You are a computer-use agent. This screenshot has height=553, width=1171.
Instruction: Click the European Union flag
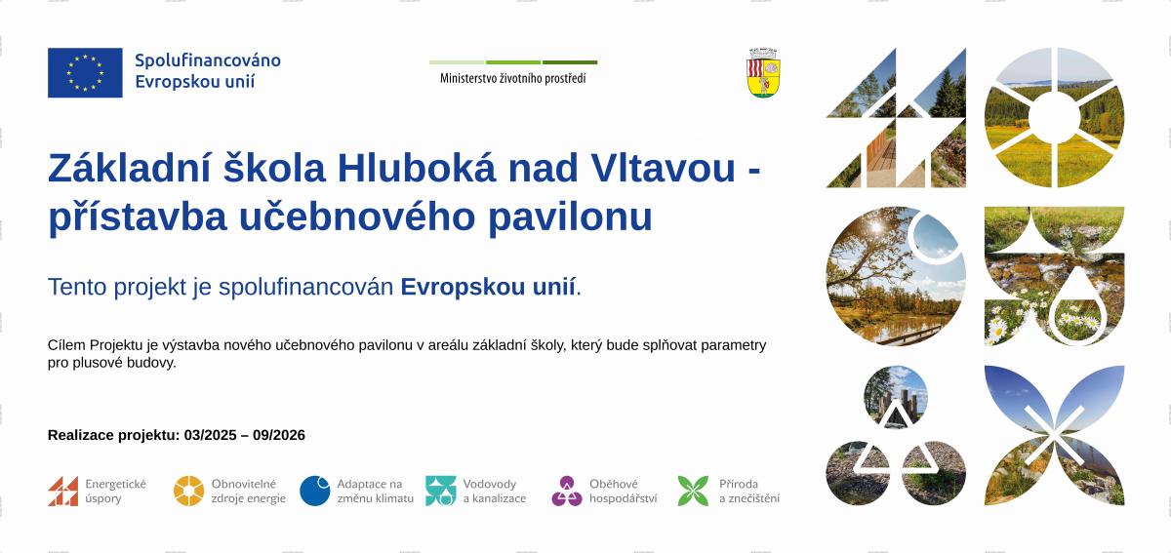(85, 72)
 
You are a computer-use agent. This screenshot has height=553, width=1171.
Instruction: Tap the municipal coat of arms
(763, 72)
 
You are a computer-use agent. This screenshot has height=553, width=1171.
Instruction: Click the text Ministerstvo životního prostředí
(513, 78)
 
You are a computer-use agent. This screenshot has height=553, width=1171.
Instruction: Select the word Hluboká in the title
(417, 168)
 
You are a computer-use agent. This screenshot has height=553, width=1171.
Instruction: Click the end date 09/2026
(279, 435)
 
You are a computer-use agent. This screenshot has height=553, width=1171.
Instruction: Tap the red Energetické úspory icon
(62, 491)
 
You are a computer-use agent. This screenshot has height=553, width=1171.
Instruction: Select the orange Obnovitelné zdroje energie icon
(188, 491)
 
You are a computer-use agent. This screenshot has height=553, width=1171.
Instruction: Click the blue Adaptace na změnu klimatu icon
(314, 491)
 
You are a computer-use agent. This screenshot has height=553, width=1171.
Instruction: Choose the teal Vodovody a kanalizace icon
(441, 491)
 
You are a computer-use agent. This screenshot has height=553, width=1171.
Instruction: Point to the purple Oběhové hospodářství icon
(567, 491)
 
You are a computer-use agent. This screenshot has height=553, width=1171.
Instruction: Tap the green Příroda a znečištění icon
(693, 491)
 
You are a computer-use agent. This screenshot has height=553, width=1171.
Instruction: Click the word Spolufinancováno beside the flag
(208, 60)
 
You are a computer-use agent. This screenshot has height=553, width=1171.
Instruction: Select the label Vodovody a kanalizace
(495, 491)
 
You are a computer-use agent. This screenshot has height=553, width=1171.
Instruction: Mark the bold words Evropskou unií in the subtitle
(488, 287)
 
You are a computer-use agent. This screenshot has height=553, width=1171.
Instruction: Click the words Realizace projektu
(113, 435)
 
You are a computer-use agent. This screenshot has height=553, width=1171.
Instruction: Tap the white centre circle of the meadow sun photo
(1054, 118)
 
